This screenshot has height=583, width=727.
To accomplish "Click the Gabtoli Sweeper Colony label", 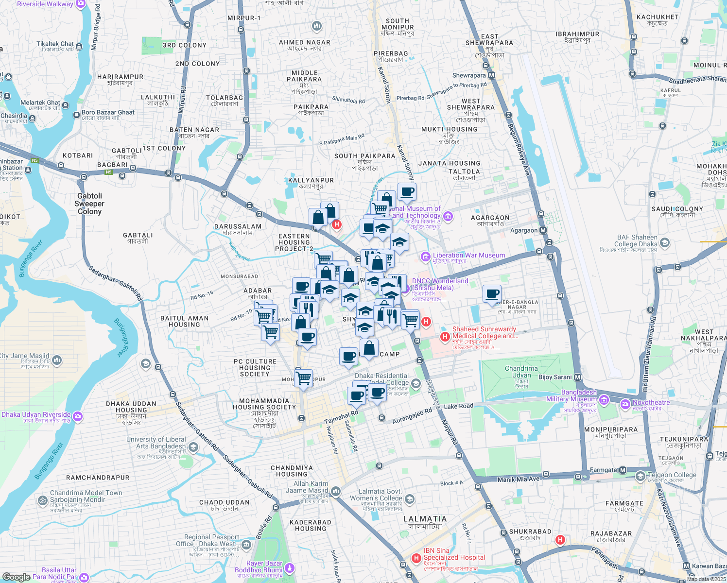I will pos(89,204).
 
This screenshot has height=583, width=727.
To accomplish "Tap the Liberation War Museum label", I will pos(468,255).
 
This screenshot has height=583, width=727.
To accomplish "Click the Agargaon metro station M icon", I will pos(543,230).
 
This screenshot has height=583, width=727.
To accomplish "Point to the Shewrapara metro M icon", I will pos(491,75).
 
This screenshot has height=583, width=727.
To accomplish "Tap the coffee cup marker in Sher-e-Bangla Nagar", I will pos(492,294).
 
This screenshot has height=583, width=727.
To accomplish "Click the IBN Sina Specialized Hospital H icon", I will pos(416,558).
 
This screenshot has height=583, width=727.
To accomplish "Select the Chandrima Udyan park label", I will pos(521,375).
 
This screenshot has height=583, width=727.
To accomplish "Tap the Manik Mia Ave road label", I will pos(518,479).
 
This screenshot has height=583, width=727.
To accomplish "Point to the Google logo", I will pos(16,577).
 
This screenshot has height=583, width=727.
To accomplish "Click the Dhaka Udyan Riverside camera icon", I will pos(78,416).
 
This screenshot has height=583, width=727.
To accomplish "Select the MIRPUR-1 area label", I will pos(244,18).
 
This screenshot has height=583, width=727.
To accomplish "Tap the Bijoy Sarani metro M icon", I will pos(577,377).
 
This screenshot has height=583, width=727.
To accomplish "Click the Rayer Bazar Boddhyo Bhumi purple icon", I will pos(290,567).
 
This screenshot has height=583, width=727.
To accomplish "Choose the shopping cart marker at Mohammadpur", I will pos(304,377).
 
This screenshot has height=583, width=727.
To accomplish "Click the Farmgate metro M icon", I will pos(623,470).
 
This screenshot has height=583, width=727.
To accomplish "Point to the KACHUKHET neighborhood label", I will pos(657,17).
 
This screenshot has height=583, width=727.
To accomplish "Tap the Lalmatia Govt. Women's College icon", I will pos(410,499).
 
